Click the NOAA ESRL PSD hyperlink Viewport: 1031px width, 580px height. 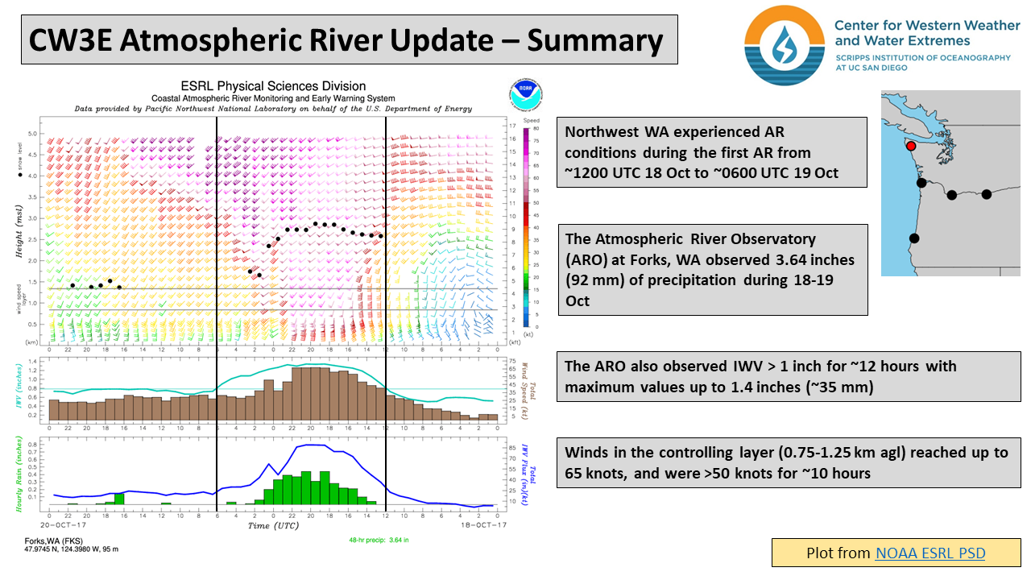pos(930,553)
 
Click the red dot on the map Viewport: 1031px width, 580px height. pos(911,146)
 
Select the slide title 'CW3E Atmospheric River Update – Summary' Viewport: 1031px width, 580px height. pos(347,41)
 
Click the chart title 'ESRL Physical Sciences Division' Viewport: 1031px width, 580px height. pos(273,86)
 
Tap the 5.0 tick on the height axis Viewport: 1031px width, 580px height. pos(34,134)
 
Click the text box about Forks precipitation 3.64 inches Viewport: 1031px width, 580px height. pos(712,270)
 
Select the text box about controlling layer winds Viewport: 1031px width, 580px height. pos(789,462)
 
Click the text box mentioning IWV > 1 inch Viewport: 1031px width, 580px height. pos(789,376)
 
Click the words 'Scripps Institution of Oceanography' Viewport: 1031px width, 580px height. pos(922,58)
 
